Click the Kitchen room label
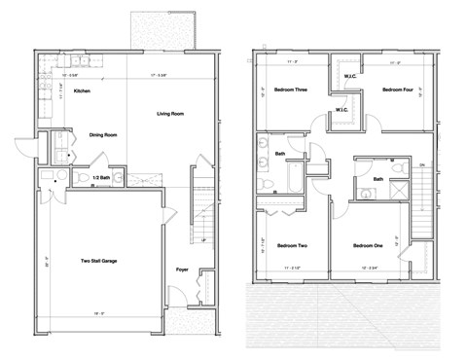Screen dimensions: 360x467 pyautogui.click(x=82, y=91)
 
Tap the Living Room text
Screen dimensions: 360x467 pyautogui.click(x=171, y=114)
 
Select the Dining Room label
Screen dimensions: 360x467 pyautogui.click(x=104, y=135)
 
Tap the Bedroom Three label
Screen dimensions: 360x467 pyautogui.click(x=289, y=90)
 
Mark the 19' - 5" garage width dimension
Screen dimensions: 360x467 pyautogui.click(x=98, y=313)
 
